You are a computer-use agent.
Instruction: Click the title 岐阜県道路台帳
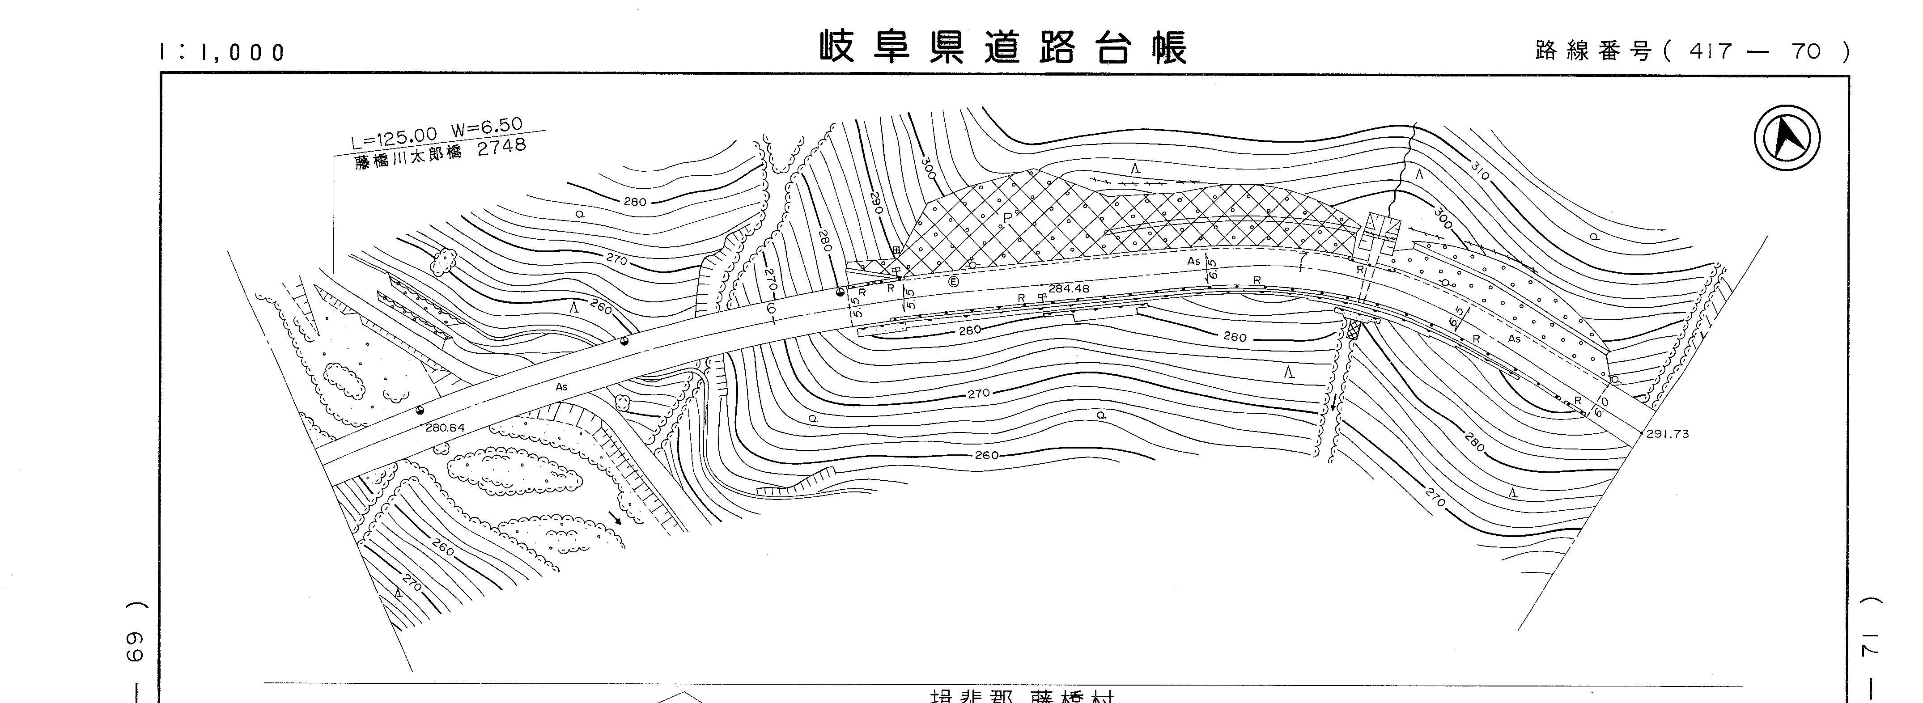pyautogui.click(x=1002, y=48)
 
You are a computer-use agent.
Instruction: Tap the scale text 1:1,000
pyautogui.click(x=222, y=52)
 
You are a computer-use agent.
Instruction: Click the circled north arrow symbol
pyautogui.click(x=1787, y=138)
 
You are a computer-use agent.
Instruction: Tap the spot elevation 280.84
pyautogui.click(x=445, y=428)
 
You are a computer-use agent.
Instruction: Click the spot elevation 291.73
pyautogui.click(x=1667, y=434)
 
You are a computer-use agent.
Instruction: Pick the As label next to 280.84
pyautogui.click(x=561, y=386)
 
